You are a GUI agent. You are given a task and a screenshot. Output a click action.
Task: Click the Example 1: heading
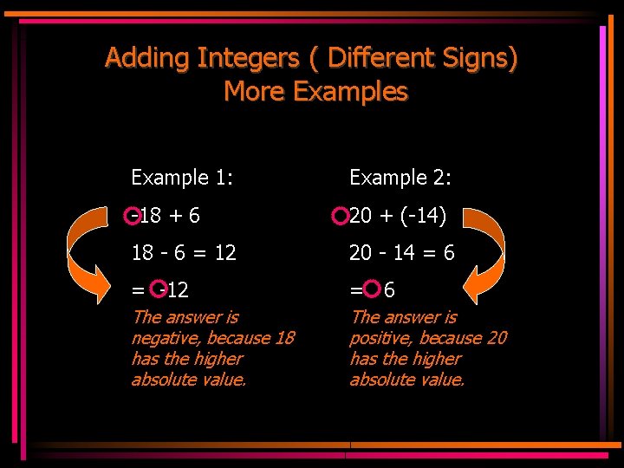181,179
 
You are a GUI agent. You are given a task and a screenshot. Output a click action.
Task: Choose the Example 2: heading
400,179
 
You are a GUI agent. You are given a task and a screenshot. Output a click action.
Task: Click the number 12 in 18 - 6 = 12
224,252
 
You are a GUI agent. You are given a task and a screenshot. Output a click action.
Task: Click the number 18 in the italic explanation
283,338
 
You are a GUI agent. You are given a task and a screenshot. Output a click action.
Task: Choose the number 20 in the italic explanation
497,338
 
